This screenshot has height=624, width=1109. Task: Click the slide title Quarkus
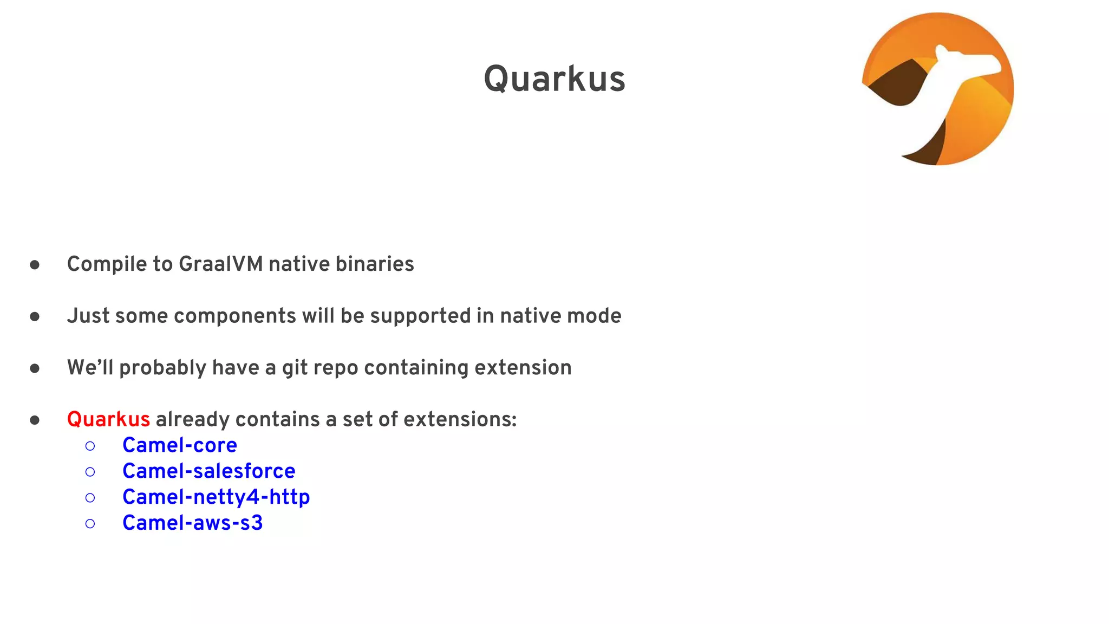pos(554,79)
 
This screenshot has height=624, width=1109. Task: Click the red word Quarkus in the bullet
pos(108,419)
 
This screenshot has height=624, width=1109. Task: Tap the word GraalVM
pos(221,264)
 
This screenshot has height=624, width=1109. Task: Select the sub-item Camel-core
pos(179,445)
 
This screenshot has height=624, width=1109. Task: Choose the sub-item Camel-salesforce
pos(208,471)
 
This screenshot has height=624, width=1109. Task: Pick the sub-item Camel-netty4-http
pos(216,497)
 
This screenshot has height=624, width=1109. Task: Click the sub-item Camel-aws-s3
pos(192,523)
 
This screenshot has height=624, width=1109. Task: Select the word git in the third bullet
pos(295,368)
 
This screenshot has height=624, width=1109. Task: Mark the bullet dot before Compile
pos(35,265)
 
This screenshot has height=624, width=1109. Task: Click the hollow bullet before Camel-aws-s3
pos(90,524)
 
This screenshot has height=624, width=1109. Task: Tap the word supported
pos(420,316)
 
